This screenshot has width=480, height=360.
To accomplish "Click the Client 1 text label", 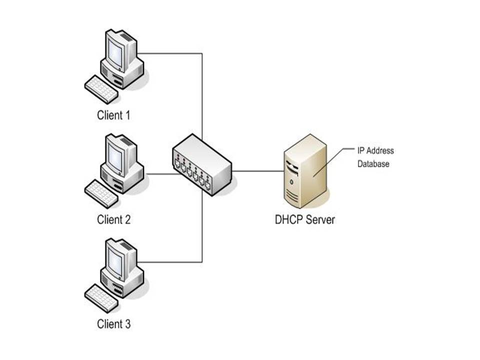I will pos(113,115).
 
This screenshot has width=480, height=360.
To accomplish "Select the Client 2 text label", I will pos(113,219).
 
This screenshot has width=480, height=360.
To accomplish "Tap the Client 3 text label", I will pos(113,324).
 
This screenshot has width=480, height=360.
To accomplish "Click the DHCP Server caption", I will pos(304,219).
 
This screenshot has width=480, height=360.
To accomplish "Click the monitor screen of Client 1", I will pos(115,51).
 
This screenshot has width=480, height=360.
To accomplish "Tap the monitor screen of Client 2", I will pos(115,156).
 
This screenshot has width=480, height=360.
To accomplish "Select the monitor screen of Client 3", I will pos(115,260).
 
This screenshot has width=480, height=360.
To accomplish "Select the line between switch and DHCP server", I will pos(257,171).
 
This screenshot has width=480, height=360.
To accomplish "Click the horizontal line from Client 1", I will pos(170,53).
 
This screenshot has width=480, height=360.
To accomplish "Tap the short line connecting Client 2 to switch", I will pos(159,174).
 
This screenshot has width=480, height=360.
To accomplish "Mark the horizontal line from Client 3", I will pos(170,262).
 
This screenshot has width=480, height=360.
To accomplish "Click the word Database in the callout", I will pos(373,163).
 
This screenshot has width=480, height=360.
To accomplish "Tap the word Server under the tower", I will pos(320,219).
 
